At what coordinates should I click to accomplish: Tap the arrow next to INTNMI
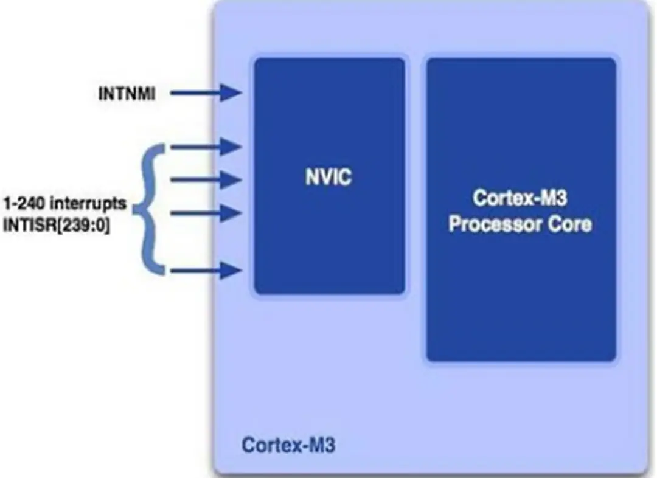point(207,93)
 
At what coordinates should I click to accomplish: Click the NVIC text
point(328,178)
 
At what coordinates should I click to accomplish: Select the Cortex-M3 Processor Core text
point(521,212)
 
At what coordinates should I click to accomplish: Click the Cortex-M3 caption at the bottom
point(288,445)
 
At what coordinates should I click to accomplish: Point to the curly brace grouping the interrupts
point(149,207)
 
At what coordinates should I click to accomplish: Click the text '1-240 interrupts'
point(64,203)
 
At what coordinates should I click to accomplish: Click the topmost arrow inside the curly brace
point(207,147)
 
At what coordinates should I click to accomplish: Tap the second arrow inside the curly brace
point(207,179)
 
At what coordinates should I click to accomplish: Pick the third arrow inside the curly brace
point(207,213)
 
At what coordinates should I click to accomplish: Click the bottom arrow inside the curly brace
point(207,269)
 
